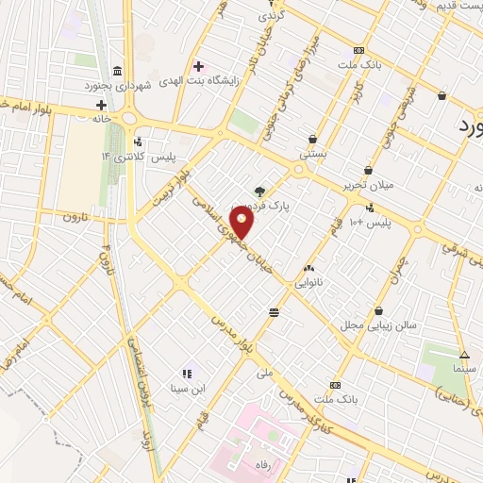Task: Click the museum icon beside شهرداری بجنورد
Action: pos(116,73)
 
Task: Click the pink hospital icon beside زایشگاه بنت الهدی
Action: pos(197,65)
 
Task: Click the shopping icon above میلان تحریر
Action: pos(368,171)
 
